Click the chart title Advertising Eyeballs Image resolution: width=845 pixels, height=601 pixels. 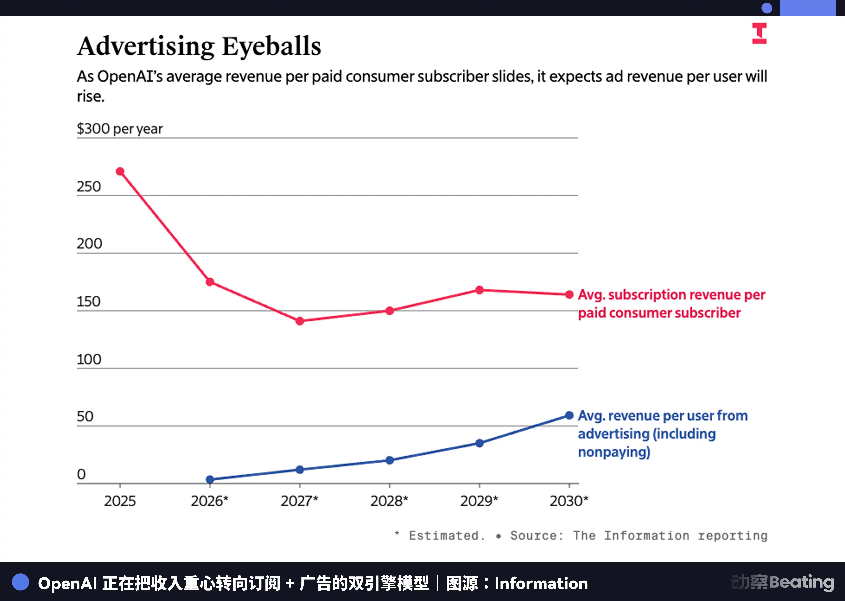coord(199,46)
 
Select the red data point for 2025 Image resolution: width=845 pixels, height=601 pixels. coord(120,171)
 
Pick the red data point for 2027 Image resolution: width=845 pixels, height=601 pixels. coord(300,321)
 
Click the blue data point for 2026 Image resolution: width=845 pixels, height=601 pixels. coord(210,479)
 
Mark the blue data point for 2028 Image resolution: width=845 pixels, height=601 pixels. coord(390,460)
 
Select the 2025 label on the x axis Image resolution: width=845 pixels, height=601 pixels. coord(120,501)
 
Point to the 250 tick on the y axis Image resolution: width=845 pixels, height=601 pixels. coord(89,187)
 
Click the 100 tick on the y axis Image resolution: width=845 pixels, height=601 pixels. coord(89,359)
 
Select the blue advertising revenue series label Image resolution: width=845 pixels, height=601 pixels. coord(662,433)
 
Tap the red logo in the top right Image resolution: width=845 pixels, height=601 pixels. coord(759,33)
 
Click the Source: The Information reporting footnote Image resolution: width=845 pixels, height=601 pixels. coord(639,536)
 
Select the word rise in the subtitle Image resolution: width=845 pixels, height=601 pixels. coord(90,97)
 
